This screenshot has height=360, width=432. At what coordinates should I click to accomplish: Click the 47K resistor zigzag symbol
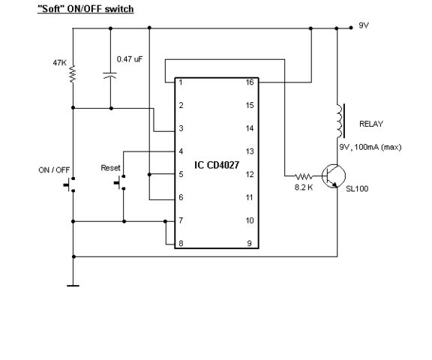point(73,73)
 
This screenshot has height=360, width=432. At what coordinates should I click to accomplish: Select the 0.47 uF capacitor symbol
point(110,75)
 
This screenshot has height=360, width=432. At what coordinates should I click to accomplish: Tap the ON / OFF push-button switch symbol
point(69,184)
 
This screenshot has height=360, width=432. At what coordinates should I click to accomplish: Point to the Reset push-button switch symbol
point(120,182)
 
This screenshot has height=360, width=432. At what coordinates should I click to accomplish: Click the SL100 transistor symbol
point(334,176)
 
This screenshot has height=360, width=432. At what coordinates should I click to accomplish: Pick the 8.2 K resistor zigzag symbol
point(304,176)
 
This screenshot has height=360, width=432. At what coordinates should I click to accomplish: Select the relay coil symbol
point(340,121)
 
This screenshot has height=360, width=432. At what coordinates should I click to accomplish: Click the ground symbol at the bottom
point(73,286)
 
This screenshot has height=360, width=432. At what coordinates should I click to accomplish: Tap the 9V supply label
point(364,25)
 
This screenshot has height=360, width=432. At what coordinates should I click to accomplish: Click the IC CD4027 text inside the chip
point(217,165)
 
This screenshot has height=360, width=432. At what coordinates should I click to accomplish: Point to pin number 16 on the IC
point(250,82)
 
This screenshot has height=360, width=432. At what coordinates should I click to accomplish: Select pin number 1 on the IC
point(181,82)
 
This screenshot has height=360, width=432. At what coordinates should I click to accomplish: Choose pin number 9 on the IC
point(249,244)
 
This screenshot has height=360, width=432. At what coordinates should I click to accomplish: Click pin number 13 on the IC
point(250,151)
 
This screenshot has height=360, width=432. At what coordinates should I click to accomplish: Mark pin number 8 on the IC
point(181,244)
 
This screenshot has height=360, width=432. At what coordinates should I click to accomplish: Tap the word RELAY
point(371,124)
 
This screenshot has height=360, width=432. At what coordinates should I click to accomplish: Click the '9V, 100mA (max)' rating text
point(370,147)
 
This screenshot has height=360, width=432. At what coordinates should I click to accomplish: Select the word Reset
point(110,168)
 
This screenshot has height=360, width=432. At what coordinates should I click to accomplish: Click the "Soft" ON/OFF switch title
point(85,9)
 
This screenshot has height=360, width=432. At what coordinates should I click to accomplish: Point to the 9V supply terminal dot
point(351,28)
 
